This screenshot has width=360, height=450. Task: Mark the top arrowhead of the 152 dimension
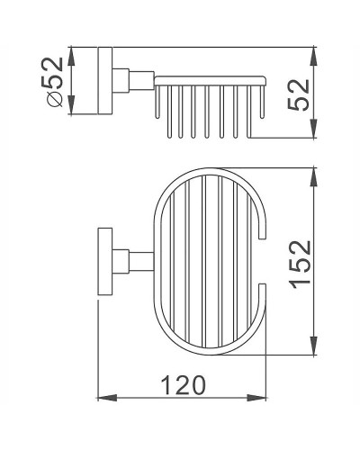313,173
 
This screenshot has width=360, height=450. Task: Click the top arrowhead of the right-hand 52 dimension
313,49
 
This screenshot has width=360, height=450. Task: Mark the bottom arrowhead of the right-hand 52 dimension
313,134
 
